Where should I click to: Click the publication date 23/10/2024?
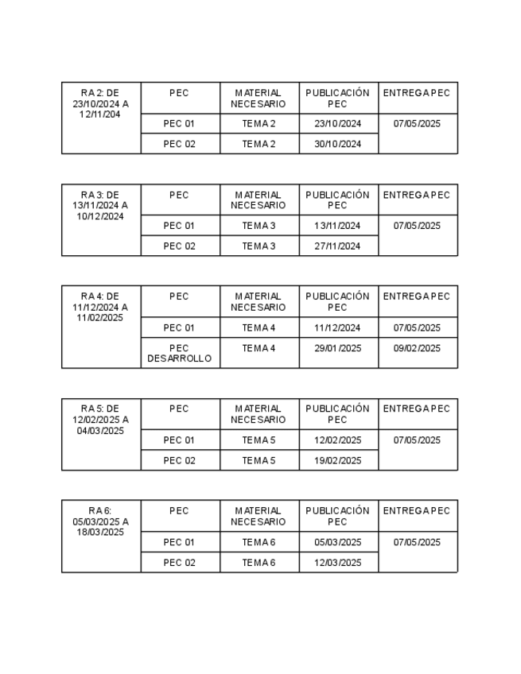tap(337, 124)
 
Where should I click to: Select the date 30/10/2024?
tap(337, 144)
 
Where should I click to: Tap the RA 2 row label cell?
tap(100, 103)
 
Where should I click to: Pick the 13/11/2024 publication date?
tap(337, 226)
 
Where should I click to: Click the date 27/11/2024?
tap(337, 246)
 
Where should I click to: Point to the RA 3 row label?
tap(100, 205)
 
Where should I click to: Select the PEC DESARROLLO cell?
tap(179, 353)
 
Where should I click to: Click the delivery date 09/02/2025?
tap(417, 348)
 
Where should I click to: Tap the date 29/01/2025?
tap(337, 348)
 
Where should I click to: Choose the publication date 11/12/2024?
tap(337, 327)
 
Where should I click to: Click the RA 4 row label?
tap(100, 307)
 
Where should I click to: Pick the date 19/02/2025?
tap(337, 460)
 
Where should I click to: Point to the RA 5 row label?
tap(100, 420)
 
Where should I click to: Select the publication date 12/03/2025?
tap(337, 563)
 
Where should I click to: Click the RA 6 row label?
tap(100, 521)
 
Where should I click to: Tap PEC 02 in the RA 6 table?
tap(179, 563)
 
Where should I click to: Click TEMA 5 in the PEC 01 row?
tap(259, 440)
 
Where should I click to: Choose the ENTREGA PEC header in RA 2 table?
tap(417, 93)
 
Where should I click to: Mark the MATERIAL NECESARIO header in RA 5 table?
tap(259, 414)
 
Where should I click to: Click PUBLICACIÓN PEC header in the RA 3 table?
tap(337, 199)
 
